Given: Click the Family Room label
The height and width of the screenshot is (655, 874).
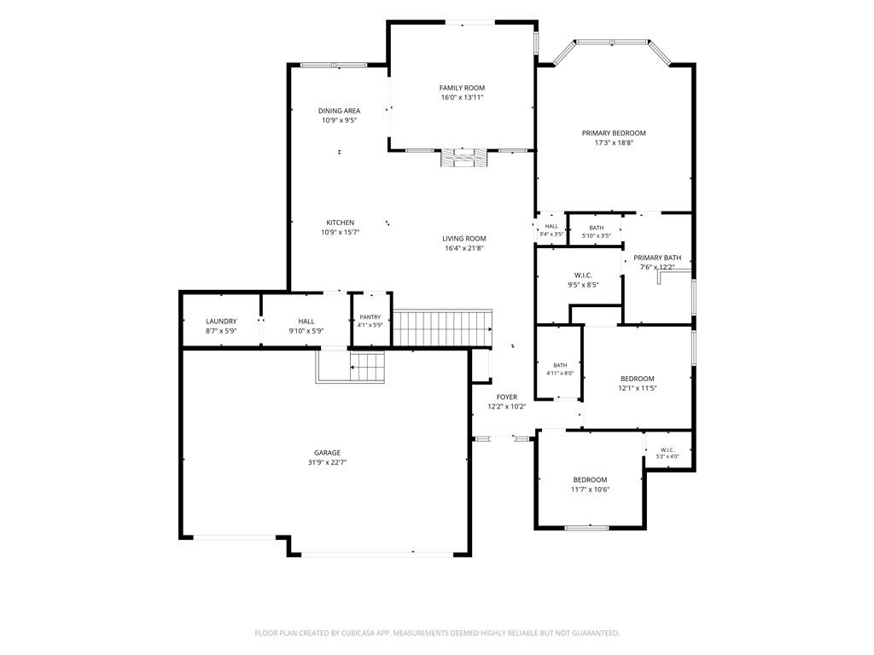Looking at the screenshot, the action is (x=462, y=88).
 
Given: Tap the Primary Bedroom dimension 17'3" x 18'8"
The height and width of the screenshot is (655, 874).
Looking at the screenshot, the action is (x=614, y=142).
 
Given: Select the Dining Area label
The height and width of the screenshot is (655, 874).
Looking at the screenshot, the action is (x=340, y=111).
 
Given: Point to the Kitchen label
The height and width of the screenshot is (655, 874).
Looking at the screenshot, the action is (x=340, y=223).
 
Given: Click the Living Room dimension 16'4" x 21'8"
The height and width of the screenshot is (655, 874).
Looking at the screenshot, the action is (x=463, y=248).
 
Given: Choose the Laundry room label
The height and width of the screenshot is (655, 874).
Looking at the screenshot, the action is (x=221, y=322).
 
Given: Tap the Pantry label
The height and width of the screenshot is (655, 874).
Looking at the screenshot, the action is (x=370, y=317).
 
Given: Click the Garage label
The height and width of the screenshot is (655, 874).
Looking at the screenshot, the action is (x=327, y=453).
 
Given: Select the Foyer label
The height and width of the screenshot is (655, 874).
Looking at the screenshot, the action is (x=507, y=397).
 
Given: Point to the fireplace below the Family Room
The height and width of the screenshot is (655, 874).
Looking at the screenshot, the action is (x=464, y=158).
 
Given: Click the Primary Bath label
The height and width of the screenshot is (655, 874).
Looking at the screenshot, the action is (x=657, y=258).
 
